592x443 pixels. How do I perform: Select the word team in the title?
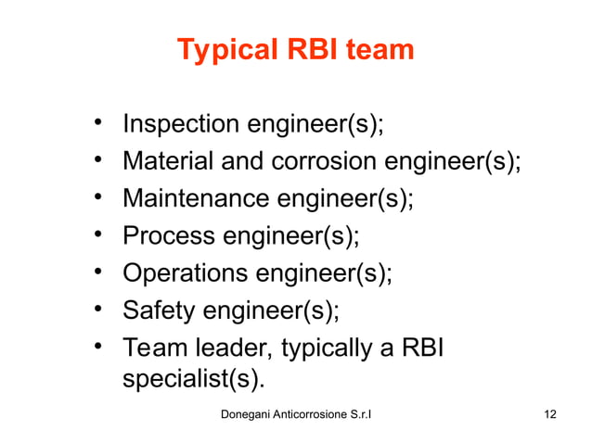380,50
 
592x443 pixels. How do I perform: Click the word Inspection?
180,123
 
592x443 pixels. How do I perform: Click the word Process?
168,237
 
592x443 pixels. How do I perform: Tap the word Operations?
187,274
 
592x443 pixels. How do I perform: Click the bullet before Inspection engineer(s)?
97,123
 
